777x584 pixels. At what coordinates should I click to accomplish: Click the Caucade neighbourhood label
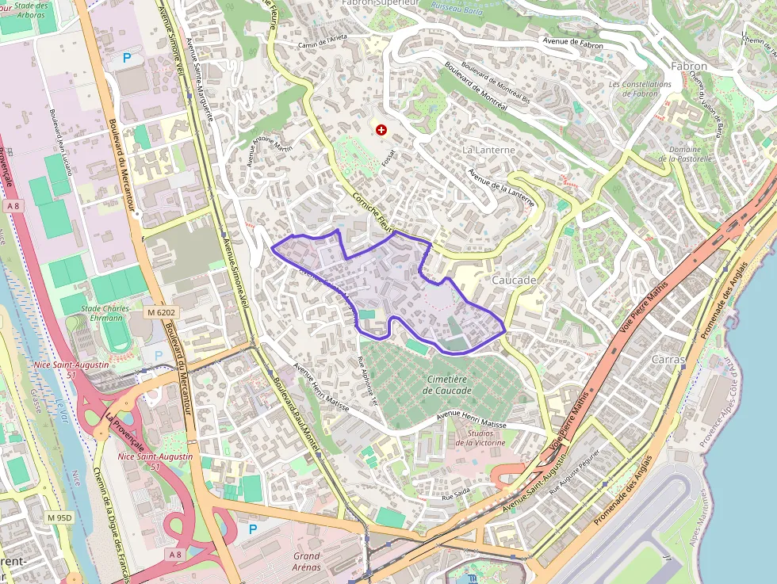(514, 281)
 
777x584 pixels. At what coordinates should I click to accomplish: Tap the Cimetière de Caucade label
(447, 385)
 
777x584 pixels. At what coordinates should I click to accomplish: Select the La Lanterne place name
(488, 150)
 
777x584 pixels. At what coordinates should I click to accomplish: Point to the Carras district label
(667, 359)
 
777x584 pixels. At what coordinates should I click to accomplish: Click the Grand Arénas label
(306, 561)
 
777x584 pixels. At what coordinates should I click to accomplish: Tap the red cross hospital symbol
(381, 129)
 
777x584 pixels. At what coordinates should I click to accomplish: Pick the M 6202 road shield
(160, 313)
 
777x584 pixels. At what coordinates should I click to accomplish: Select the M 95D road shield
(59, 517)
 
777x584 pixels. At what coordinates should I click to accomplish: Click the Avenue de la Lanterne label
(500, 189)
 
